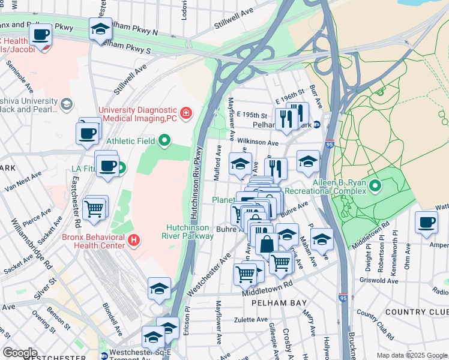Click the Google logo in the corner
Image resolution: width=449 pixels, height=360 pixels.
pyautogui.click(x=20, y=353)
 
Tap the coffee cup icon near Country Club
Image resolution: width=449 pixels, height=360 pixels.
pyautogui.click(x=426, y=221)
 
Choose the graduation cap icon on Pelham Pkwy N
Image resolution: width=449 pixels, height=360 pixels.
pyautogui.click(x=100, y=28)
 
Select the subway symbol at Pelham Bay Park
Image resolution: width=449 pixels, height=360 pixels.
pyautogui.click(x=316, y=125)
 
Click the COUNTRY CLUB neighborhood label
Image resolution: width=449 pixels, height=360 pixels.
pyautogui.click(x=417, y=313)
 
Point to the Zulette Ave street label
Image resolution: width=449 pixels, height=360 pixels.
pyautogui.click(x=250, y=319)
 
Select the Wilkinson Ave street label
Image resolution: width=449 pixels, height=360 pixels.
pyautogui.click(x=258, y=143)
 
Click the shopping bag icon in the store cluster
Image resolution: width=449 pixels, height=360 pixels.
pyautogui.click(x=267, y=244)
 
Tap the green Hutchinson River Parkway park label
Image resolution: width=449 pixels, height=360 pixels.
pyautogui.click(x=190, y=232)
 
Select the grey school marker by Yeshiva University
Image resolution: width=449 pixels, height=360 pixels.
pyautogui.click(x=66, y=105)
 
